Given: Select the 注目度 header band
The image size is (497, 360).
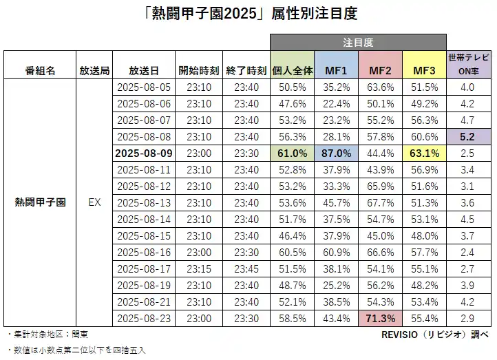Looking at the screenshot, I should point(357,42).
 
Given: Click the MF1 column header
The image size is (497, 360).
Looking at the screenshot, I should point(337,70).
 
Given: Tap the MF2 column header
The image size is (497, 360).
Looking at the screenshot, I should point(381,70).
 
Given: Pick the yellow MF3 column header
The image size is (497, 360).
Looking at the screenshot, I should point(424,70).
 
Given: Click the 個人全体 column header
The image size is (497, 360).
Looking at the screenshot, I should point(293,70).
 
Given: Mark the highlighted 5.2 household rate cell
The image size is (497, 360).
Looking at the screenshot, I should point(467,136).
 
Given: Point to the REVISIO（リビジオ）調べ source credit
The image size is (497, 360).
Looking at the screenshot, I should point(434,335).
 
